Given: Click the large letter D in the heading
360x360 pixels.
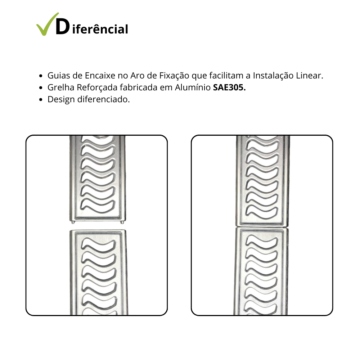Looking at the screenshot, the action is (x=63, y=27).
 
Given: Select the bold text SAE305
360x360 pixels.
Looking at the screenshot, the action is (x=229, y=87).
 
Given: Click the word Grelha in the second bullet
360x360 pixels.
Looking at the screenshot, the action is (x=60, y=87).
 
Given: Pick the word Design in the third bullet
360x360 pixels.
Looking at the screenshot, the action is (x=61, y=100).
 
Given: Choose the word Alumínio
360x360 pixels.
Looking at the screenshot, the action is (x=193, y=87).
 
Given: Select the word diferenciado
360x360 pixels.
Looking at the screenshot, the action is (x=104, y=99).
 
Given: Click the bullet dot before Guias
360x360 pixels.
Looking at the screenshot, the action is (x=41, y=76).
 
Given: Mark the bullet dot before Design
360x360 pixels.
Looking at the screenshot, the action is (x=41, y=100).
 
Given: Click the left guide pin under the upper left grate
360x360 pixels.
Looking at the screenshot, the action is (x=73, y=222).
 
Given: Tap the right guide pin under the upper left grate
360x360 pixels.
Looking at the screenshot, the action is (x=122, y=222).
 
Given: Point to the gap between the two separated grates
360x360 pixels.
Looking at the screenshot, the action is (x=98, y=226).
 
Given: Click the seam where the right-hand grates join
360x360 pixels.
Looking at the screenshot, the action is (x=262, y=227).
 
